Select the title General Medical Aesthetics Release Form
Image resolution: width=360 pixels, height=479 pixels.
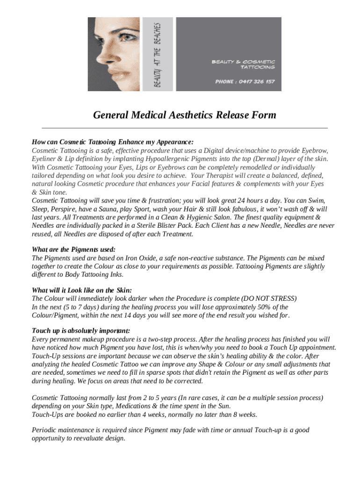tap(185, 115)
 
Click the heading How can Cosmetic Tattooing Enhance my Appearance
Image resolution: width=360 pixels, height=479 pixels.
tap(112, 142)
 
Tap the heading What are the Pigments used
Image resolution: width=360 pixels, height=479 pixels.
tap(73, 249)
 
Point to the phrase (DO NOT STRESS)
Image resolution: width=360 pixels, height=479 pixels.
tap(269, 298)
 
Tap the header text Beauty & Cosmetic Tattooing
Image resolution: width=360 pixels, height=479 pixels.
tap(244, 64)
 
